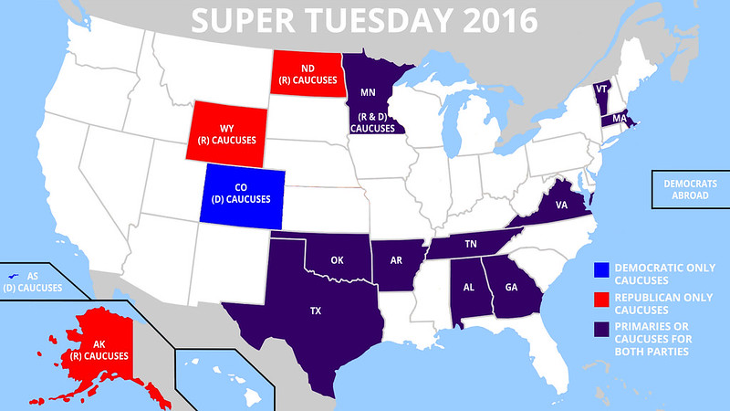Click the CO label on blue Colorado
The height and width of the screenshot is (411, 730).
coord(242,186)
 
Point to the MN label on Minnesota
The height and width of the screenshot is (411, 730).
coord(368,92)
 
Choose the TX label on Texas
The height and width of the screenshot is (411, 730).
coord(316,311)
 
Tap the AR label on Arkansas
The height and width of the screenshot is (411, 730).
coord(397,259)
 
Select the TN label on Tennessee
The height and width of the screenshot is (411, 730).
coord(472,244)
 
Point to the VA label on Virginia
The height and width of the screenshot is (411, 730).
coord(561,206)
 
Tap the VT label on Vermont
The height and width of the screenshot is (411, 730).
coord(600,90)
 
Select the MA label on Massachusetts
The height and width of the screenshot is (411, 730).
coord(619,119)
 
